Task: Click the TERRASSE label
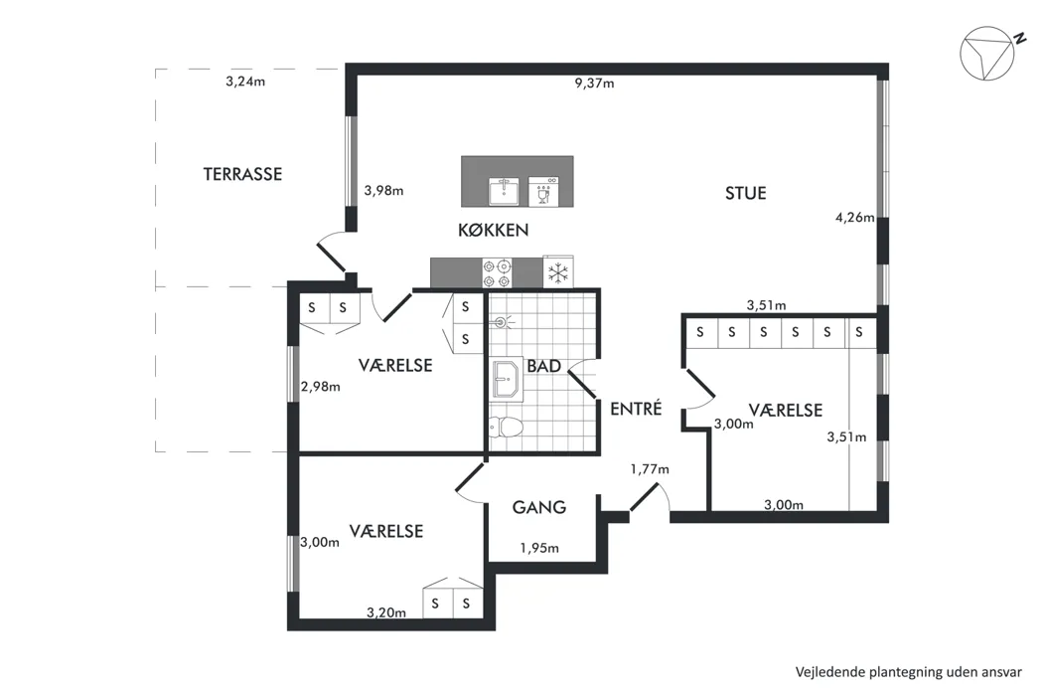242,174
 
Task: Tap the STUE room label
746,194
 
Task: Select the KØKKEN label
493,231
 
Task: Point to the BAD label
543,366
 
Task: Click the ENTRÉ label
636,409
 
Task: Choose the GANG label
539,507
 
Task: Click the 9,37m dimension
594,84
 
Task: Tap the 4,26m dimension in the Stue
855,217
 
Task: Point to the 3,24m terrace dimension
245,82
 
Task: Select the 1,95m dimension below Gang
539,548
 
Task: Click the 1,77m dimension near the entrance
650,469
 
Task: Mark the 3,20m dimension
386,612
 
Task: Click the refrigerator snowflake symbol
558,272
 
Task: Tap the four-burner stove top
498,273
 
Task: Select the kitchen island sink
505,191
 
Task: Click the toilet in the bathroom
505,428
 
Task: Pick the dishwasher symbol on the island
543,191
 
